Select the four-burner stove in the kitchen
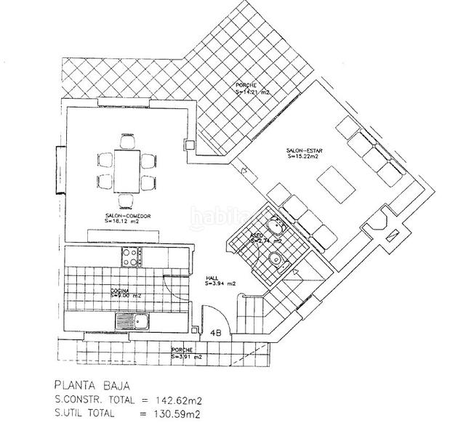(132, 256)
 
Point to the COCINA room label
(121, 290)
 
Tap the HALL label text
(212, 278)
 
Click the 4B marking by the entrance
(216, 333)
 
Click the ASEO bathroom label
(257, 237)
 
